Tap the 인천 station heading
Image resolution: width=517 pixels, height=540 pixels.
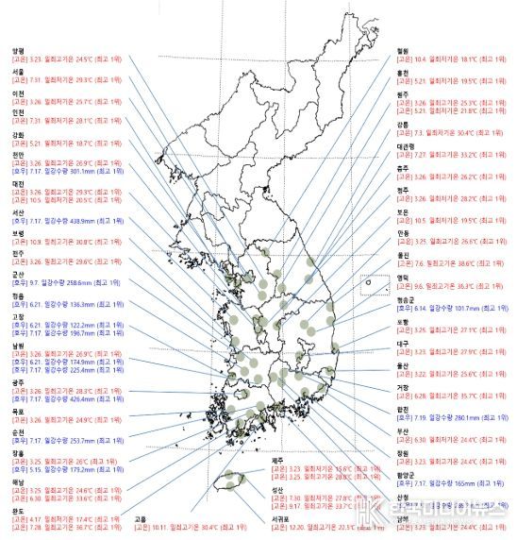click(17, 112)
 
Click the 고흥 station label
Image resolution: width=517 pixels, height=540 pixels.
click(141, 518)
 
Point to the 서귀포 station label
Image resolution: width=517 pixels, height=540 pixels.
click(281, 517)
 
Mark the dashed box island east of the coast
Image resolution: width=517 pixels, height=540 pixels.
click(374, 284)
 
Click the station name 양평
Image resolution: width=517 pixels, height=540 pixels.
click(17, 52)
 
